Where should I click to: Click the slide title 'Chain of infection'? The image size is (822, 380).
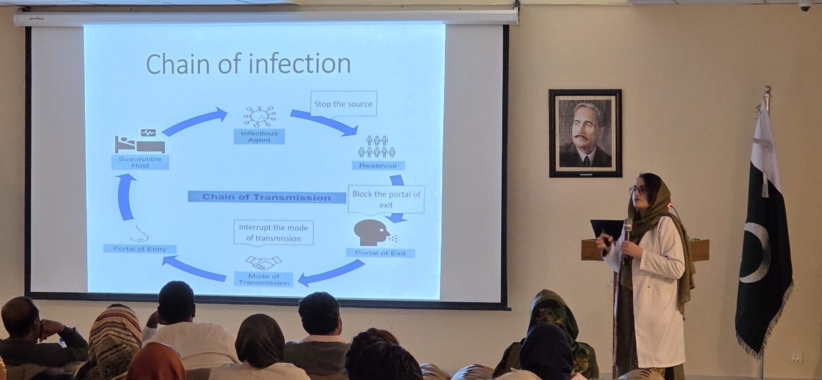(248, 64)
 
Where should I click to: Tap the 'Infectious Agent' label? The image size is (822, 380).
(259, 137)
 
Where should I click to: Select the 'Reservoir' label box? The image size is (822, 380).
(378, 165)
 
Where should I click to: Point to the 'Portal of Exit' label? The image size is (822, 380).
(380, 253)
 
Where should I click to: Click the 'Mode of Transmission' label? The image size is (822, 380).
(264, 279)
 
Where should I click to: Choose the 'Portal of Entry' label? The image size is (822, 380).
(140, 248)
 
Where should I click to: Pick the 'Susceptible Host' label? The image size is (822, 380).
(140, 162)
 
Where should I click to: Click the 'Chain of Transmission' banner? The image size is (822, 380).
(266, 197)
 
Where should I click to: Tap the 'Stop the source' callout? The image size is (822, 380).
(343, 104)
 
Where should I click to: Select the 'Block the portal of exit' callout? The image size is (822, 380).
(386, 199)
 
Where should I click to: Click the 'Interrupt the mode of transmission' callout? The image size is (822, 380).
(274, 233)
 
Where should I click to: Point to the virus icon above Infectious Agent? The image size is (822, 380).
(259, 116)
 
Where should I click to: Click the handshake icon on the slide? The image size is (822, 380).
(263, 262)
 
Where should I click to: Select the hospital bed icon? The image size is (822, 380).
(140, 142)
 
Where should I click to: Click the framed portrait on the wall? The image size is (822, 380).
(585, 133)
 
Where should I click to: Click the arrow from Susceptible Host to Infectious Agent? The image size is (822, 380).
(195, 122)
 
